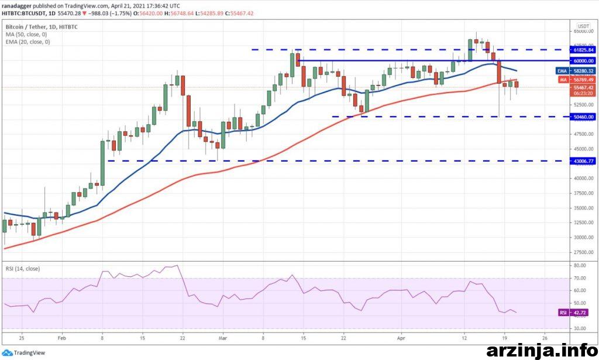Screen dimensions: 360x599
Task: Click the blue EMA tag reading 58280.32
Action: (582, 70)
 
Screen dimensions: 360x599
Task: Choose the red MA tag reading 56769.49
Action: (582, 80)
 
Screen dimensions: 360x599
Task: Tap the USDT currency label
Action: (583, 26)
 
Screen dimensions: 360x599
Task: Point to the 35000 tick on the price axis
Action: (582, 208)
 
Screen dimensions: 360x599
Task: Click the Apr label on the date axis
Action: (401, 338)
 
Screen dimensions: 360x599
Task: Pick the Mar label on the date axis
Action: (222, 338)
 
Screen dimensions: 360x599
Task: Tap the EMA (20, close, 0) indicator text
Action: (27, 42)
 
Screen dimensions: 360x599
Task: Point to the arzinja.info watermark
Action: (542, 349)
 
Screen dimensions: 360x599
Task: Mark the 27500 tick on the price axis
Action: (582, 252)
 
